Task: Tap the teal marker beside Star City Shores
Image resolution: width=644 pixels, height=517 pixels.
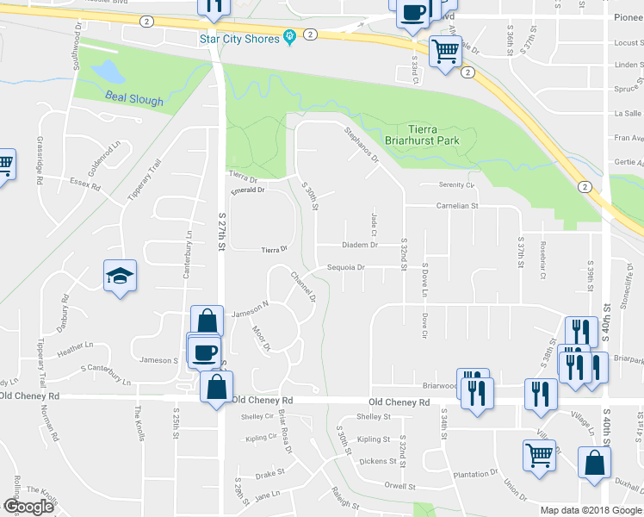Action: (x=288, y=38)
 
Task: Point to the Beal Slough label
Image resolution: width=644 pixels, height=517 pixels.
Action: (x=133, y=100)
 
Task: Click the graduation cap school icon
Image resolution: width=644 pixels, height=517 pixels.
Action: (x=121, y=276)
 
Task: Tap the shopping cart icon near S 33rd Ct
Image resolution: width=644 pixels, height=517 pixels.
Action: (x=445, y=52)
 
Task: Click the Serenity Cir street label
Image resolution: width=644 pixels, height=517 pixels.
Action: (x=456, y=185)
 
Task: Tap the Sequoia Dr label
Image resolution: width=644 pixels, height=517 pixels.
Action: (x=345, y=267)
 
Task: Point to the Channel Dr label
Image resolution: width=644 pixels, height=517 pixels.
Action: (x=303, y=287)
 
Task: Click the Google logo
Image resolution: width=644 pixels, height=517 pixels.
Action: (x=28, y=508)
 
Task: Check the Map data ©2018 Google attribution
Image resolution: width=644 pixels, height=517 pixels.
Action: (x=591, y=510)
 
